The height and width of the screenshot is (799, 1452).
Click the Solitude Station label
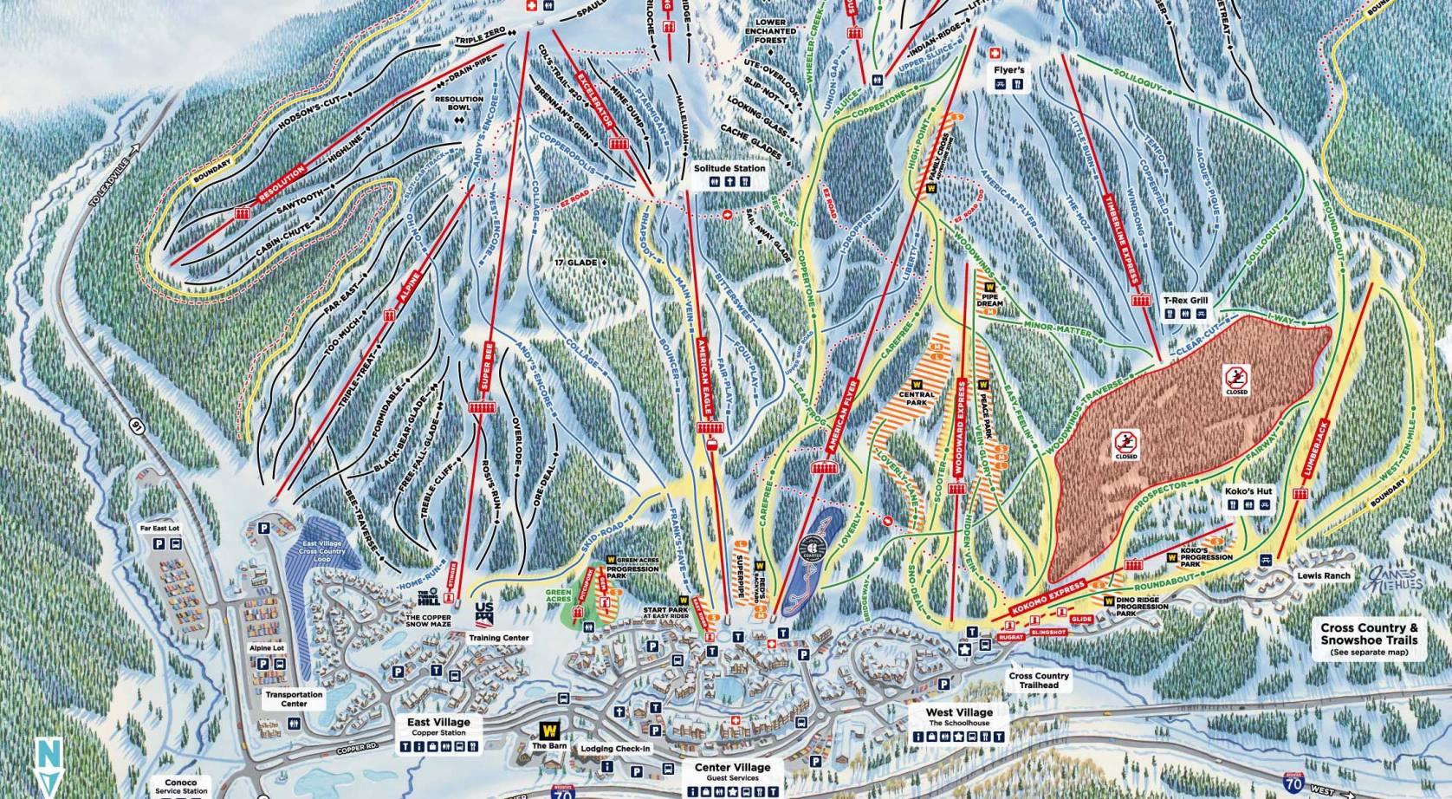730,168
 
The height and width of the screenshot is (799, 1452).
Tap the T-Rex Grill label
1185,301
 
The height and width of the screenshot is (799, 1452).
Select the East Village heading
438,722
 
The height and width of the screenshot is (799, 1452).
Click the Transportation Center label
294,698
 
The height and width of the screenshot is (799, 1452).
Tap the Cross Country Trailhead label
1039,680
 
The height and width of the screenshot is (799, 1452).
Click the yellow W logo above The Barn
548,731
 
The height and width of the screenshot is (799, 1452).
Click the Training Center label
498,637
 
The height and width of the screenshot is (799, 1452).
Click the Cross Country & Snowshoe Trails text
1369,633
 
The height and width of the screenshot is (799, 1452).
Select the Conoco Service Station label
181,786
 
